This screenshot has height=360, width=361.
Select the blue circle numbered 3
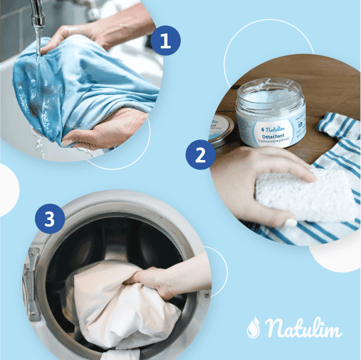click(x=50, y=219)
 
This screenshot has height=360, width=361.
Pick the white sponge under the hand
click(x=307, y=197)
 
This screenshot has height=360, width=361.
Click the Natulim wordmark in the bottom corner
click(x=303, y=327)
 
